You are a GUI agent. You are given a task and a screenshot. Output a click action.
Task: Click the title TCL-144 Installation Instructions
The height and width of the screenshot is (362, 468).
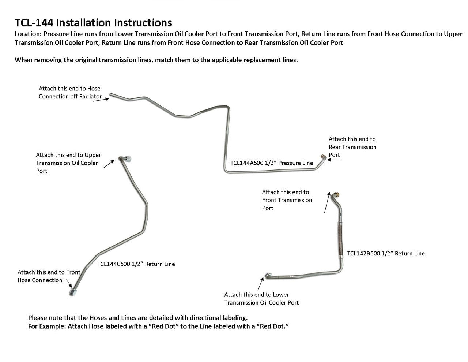pyautogui.click(x=93, y=23)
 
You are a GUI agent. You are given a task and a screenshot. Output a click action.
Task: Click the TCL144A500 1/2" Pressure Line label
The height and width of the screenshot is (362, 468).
pyautogui.click(x=272, y=163)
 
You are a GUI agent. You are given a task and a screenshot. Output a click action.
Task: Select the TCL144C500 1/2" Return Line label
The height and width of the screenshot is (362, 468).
pyautogui.click(x=136, y=264)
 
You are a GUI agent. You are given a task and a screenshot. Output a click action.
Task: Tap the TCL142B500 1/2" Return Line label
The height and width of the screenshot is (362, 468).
pyautogui.click(x=386, y=253)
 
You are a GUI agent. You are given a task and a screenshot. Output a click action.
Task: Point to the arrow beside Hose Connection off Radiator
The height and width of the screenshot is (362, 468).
pyautogui.click(x=101, y=99)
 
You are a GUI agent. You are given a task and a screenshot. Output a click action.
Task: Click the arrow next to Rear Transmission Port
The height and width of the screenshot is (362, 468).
pyautogui.click(x=334, y=160)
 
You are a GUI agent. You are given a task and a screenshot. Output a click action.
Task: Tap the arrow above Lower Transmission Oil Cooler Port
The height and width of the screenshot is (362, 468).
pyautogui.click(x=261, y=283)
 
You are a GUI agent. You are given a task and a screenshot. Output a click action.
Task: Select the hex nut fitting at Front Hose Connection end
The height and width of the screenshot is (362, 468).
pyautogui.click(x=73, y=292)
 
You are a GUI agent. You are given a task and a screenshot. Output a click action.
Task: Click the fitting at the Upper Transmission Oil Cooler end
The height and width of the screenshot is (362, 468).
pyautogui.click(x=127, y=159)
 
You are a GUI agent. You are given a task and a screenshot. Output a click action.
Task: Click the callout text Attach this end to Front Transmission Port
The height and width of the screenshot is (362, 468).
pyautogui.click(x=287, y=200)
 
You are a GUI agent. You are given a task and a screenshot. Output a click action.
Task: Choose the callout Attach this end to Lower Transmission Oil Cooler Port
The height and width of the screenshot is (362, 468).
pyautogui.click(x=261, y=299)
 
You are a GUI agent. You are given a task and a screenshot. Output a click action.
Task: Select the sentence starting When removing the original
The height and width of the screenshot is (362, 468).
pyautogui.click(x=156, y=60)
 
